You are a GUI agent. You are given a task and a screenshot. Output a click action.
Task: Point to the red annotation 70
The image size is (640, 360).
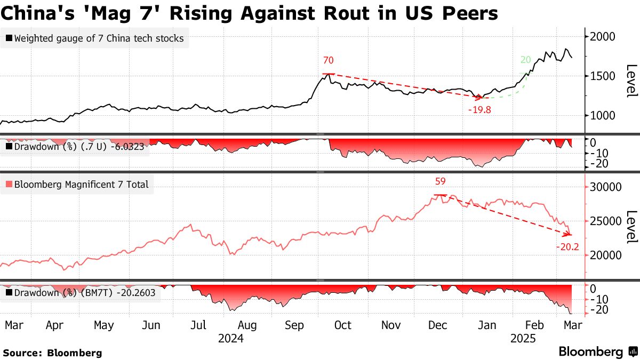329,61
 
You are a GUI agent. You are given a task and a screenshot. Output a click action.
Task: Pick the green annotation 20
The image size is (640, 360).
525,60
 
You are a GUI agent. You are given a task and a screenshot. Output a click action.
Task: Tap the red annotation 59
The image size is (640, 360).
441,181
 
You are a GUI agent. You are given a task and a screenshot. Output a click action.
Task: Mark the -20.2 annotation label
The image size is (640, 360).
567,247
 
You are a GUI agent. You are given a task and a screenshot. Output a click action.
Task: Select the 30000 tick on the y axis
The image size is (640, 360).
606,187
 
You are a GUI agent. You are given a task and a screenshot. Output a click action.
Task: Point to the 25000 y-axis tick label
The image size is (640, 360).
606,221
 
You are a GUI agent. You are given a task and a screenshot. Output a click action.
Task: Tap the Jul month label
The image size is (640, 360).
199,325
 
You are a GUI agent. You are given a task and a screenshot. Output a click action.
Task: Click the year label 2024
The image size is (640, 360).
231,338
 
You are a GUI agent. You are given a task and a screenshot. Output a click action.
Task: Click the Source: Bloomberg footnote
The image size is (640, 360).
52,353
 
